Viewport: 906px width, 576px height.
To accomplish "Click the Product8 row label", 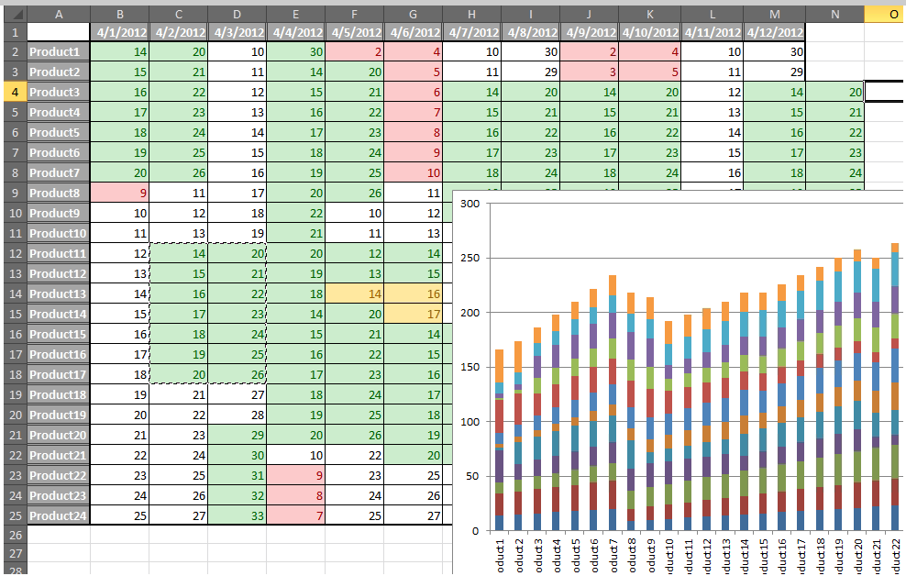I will coord(57,194).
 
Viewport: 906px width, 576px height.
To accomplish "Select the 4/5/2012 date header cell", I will coord(355,32).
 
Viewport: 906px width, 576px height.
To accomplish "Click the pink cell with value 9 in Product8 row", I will coord(120,194).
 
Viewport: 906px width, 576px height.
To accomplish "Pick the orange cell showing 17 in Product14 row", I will coord(414,314).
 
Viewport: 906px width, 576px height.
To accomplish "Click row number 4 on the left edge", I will coord(13,92).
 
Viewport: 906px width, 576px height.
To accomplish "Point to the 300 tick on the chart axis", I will coord(469,204).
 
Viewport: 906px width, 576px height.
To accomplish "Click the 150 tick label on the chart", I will coord(469,367).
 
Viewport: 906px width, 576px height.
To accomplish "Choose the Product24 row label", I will coord(57,515).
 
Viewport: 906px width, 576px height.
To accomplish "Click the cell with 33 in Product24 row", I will coord(238,515).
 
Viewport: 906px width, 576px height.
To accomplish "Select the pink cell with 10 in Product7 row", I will coord(414,172).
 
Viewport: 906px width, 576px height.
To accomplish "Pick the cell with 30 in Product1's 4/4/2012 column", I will coord(296,52).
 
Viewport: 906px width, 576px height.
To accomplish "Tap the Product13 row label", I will coord(57,294).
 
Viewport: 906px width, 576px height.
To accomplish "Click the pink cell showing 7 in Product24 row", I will coord(296,515).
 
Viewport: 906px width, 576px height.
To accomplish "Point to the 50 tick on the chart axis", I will coord(471,476).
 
